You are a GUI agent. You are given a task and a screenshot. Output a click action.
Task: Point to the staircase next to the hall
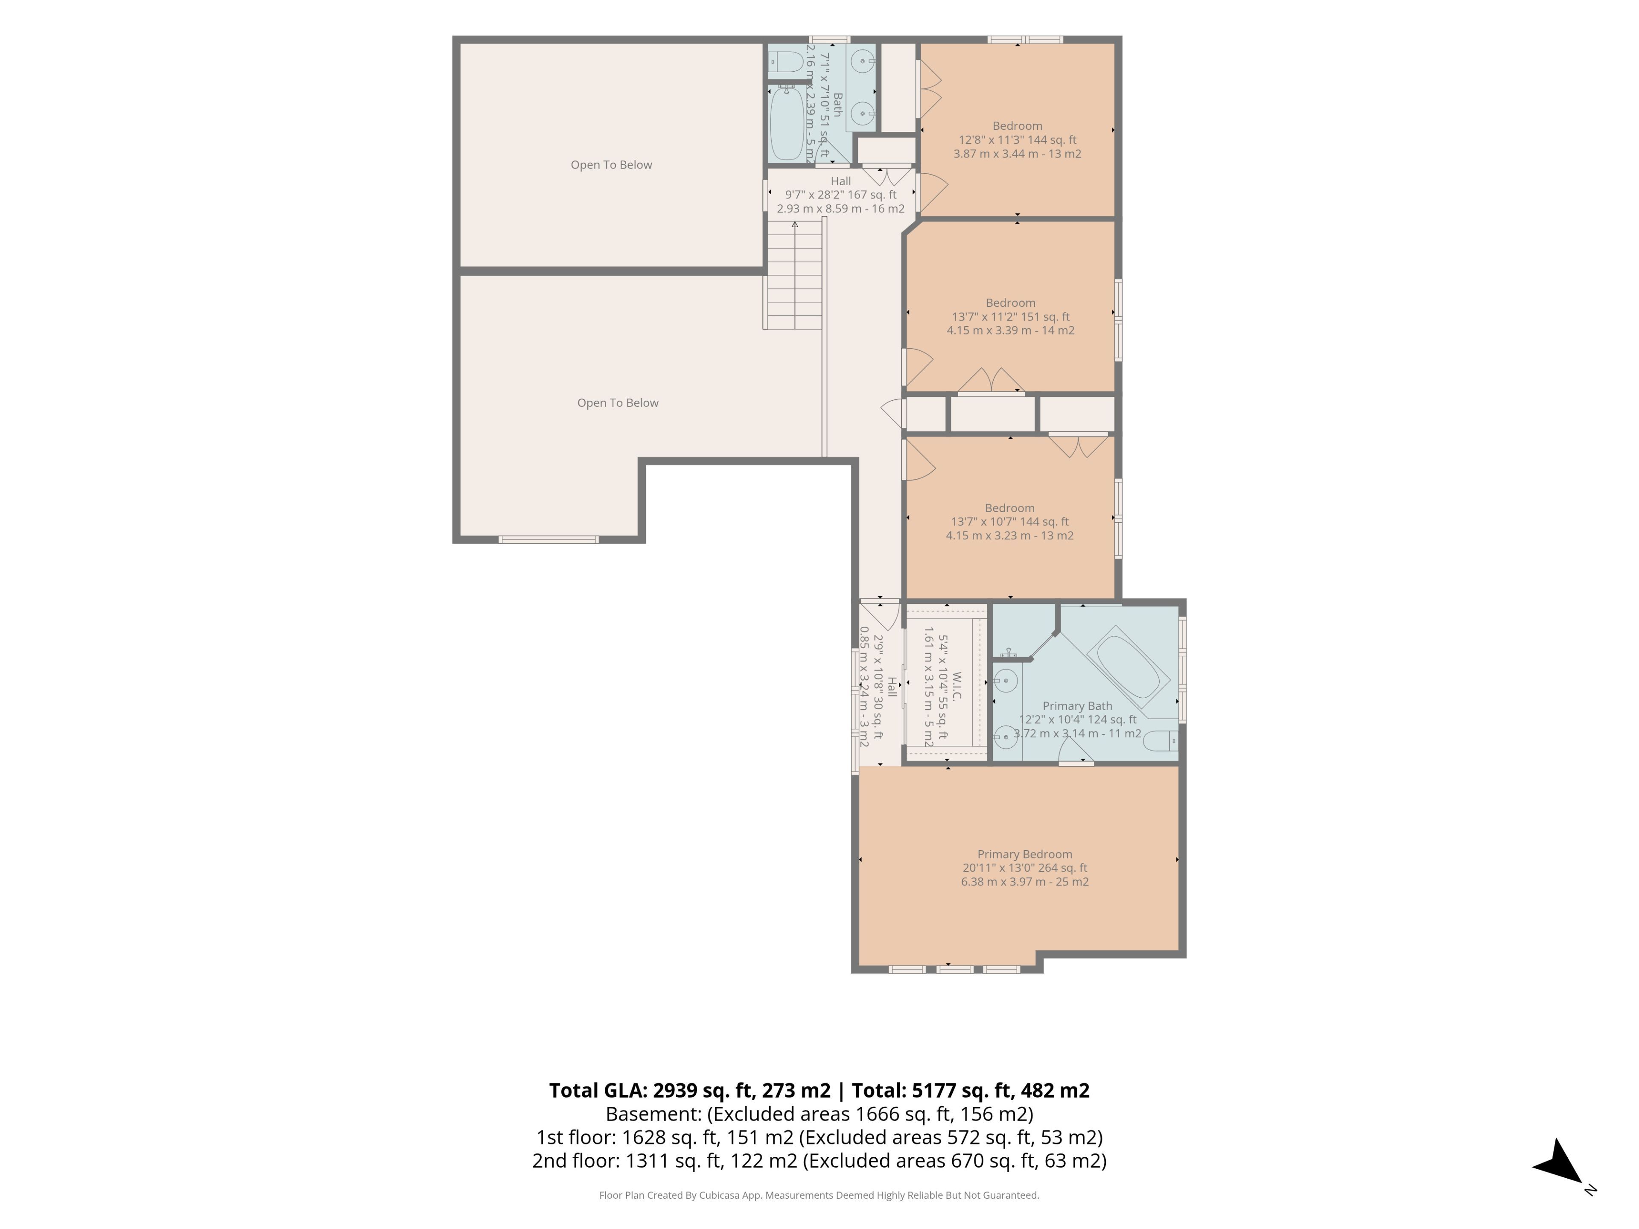(x=793, y=274)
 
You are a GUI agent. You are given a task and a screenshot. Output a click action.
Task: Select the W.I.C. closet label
(x=956, y=687)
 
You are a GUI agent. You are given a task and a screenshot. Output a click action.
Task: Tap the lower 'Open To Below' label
(x=618, y=403)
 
